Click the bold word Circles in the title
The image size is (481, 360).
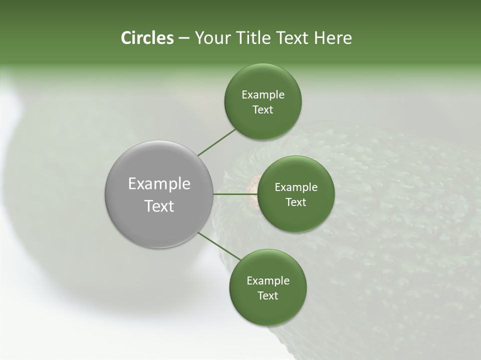click(x=147, y=38)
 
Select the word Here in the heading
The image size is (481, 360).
click(x=333, y=38)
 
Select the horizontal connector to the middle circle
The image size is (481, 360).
click(x=235, y=194)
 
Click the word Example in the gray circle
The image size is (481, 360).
click(x=159, y=184)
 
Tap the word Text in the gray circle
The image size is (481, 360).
click(x=159, y=206)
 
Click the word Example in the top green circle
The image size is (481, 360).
click(x=263, y=95)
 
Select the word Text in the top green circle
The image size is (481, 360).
click(x=263, y=110)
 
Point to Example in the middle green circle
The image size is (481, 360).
click(x=296, y=187)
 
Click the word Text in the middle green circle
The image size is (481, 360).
click(x=296, y=202)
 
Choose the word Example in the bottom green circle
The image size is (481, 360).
click(x=268, y=281)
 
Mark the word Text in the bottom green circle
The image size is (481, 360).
click(x=268, y=296)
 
